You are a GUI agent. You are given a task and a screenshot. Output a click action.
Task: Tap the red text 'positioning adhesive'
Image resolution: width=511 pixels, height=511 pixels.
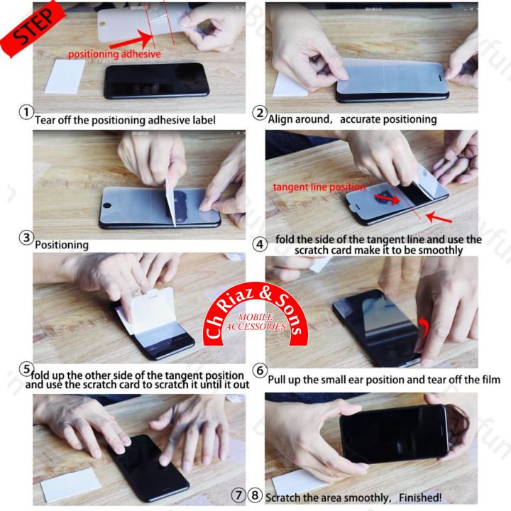tap(114, 54)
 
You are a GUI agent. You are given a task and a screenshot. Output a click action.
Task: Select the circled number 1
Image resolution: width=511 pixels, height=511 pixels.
tap(26, 113)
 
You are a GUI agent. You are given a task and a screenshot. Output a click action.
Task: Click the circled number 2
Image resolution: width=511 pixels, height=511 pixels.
tap(260, 113)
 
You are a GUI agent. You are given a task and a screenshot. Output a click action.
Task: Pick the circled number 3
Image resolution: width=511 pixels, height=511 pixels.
tap(26, 238)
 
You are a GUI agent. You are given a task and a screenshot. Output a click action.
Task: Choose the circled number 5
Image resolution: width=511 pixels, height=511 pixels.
tap(26, 368)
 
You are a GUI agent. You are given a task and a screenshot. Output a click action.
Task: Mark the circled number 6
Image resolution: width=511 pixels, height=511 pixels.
tap(260, 371)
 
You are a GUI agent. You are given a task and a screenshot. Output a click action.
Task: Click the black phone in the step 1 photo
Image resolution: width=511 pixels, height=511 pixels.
tap(157, 80)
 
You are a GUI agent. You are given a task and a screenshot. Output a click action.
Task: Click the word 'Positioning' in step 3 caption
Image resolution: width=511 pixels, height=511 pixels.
tap(62, 245)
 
